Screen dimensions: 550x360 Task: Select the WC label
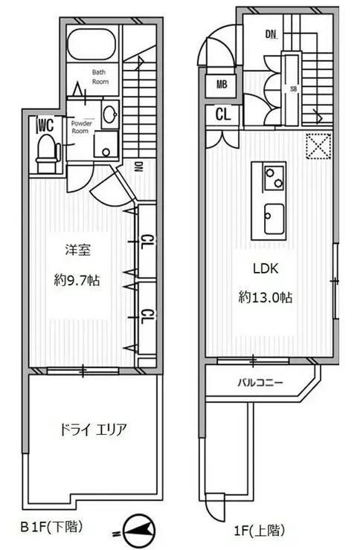click(x=45, y=124)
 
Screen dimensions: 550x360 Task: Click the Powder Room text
click(x=81, y=126)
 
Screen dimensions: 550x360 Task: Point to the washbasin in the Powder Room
click(x=109, y=114)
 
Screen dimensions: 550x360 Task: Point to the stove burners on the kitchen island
click(x=272, y=177)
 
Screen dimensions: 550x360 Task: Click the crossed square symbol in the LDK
click(x=318, y=146)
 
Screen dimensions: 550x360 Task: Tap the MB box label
click(x=222, y=85)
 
